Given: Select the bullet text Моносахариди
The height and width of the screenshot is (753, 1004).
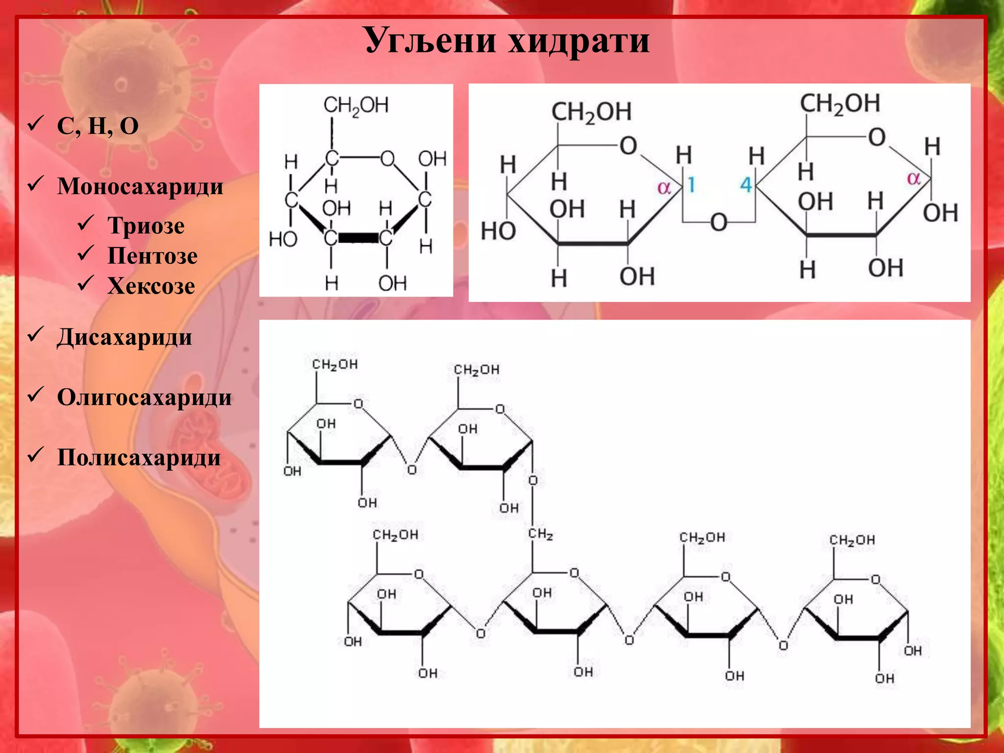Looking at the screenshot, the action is click(140, 187).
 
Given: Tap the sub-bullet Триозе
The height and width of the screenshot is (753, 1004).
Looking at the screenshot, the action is click(146, 226).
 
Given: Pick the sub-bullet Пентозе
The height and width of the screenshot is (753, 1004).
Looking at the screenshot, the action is click(152, 256).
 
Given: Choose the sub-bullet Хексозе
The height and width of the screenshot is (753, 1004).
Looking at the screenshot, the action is click(151, 286).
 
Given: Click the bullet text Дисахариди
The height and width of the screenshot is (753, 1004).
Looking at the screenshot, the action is click(125, 338).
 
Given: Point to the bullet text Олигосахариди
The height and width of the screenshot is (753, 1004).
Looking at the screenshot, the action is click(144, 398).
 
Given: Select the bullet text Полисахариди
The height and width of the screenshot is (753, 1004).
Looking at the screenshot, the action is click(139, 458).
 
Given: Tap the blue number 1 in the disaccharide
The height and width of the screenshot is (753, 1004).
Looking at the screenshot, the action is click(691, 185).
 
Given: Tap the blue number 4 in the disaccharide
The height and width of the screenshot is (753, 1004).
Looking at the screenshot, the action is click(746, 185).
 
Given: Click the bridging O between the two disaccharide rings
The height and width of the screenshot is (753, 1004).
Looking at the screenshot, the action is click(718, 223).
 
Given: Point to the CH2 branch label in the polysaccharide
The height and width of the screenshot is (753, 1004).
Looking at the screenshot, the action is click(540, 534).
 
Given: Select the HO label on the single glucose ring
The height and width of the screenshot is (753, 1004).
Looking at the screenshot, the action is click(283, 239).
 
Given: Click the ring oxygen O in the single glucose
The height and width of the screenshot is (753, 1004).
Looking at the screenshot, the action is click(387, 158).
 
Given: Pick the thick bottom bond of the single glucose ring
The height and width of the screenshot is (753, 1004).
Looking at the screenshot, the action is click(358, 238).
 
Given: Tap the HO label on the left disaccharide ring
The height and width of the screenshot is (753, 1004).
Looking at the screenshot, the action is click(498, 231).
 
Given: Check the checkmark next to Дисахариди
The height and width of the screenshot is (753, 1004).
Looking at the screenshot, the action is click(36, 334).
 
